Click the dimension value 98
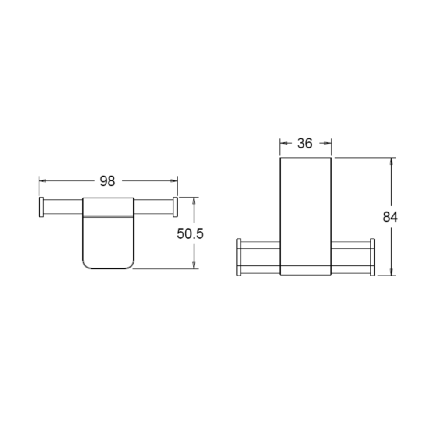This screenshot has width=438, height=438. pyautogui.click(x=107, y=180)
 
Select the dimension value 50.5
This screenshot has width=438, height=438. pyautogui.click(x=190, y=233)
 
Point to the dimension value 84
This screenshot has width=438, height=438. pyautogui.click(x=390, y=217)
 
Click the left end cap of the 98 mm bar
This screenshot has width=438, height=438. pyautogui.click(x=41, y=207)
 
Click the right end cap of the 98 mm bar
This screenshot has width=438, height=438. pyautogui.click(x=175, y=207)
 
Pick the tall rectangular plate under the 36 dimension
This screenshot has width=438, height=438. pyautogui.click(x=305, y=210)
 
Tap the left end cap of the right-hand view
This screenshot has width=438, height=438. pyautogui.click(x=239, y=257)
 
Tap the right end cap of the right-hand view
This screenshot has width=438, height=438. pyautogui.click(x=372, y=257)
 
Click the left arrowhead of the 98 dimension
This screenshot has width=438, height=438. pyautogui.click(x=42, y=180)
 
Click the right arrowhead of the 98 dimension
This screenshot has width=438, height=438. pyautogui.click(x=174, y=180)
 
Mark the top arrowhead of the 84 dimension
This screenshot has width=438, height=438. pyautogui.click(x=392, y=161)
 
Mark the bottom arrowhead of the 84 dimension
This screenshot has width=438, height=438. pyautogui.click(x=392, y=272)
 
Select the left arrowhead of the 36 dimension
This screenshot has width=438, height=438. pyautogui.click(x=283, y=143)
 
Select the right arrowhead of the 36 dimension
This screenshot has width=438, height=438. pyautogui.click(x=328, y=143)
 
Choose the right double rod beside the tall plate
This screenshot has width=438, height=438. pyautogui.click(x=350, y=257)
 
